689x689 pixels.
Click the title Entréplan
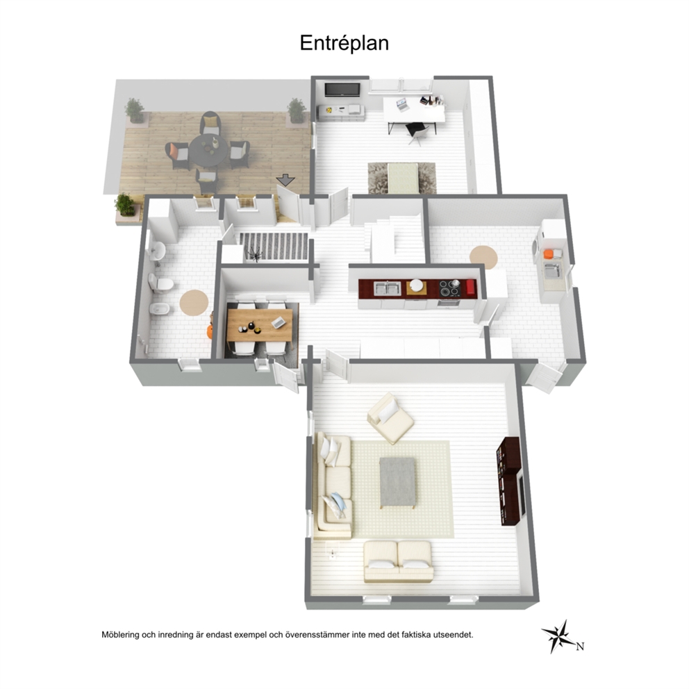(x=344, y=44)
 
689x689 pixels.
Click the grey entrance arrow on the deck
(x=285, y=179)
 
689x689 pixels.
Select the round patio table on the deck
(x=209, y=149)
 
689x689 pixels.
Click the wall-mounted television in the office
(x=342, y=90)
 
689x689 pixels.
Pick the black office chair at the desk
(x=417, y=133)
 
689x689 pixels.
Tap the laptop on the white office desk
(x=403, y=105)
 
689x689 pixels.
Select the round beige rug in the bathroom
(x=194, y=302)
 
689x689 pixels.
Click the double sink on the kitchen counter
(x=387, y=288)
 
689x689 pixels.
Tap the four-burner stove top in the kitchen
(x=449, y=288)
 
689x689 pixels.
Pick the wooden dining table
(x=260, y=325)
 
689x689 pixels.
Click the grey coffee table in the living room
(x=398, y=482)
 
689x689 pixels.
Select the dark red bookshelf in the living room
(x=508, y=481)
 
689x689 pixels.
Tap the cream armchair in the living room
(x=390, y=418)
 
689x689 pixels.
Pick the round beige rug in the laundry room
(x=483, y=258)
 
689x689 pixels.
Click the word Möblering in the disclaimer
(x=120, y=635)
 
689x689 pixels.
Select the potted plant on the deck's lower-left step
(x=125, y=206)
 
